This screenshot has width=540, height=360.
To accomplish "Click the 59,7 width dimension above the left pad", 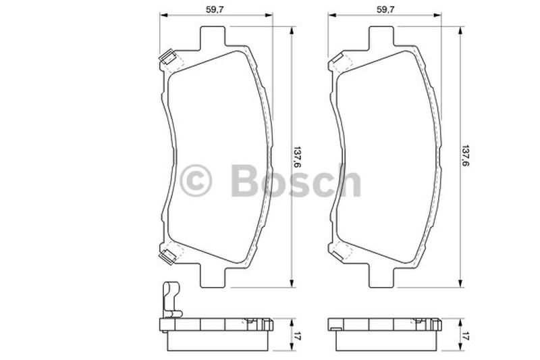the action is pos(215,9).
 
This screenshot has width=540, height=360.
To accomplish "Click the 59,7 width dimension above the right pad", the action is pos(385,9).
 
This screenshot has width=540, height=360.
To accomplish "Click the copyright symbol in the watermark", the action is pos(196,180).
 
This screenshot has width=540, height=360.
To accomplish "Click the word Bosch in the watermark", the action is pos(296,180).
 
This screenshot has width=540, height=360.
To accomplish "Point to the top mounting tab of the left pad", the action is pos(213,36).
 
